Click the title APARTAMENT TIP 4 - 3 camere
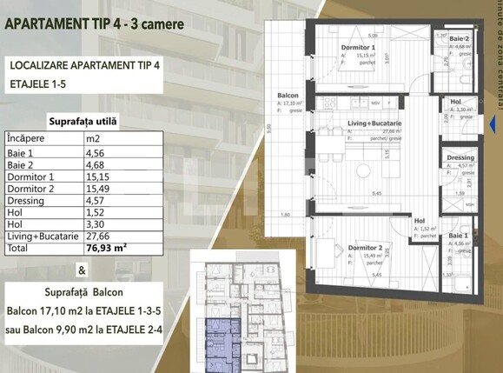click(x=95, y=23)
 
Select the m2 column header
click(x=93, y=137)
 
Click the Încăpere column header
click(x=30, y=137)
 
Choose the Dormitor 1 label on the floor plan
click(x=359, y=48)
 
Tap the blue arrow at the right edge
click(x=494, y=125)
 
